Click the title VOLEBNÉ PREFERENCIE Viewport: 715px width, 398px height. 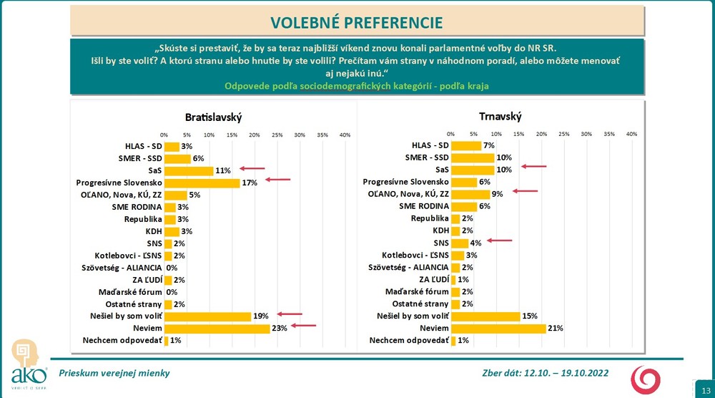[x=357, y=21]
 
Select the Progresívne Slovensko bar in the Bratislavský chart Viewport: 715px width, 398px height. [x=202, y=183]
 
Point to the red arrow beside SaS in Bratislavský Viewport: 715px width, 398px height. [x=252, y=170]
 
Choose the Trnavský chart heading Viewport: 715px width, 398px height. [x=501, y=116]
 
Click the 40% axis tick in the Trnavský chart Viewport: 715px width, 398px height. [x=631, y=134]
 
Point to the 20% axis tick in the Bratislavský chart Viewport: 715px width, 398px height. [x=254, y=135]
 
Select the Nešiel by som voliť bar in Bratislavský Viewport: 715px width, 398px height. [x=207, y=316]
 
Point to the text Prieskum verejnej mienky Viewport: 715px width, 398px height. [x=114, y=373]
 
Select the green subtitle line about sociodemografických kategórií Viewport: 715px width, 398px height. [x=357, y=86]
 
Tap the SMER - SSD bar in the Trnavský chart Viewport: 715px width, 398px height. [x=473, y=157]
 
